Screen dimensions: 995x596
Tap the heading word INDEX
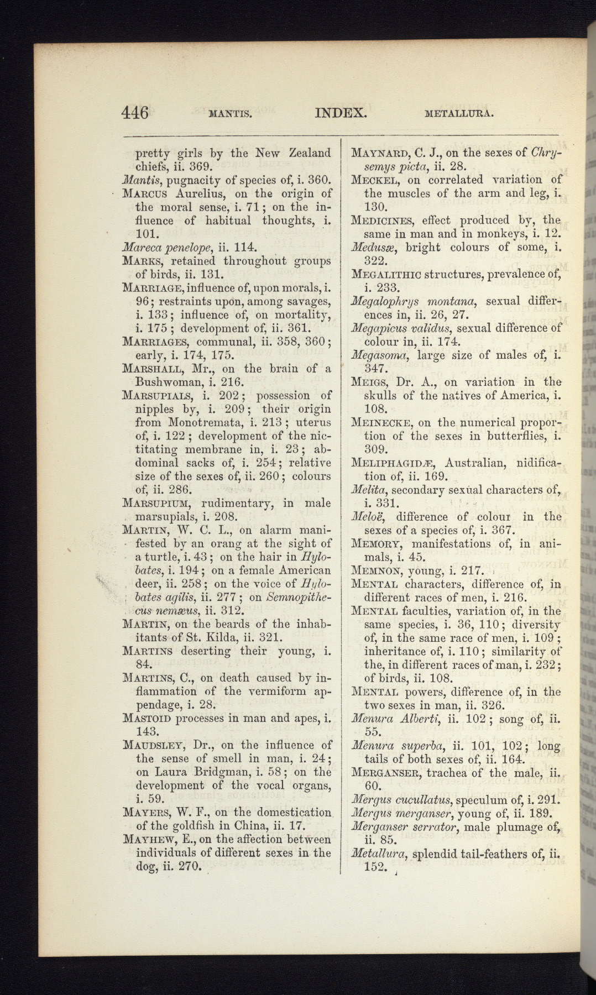click(341, 113)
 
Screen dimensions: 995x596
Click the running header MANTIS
click(231, 115)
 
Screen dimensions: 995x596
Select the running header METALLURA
click(459, 115)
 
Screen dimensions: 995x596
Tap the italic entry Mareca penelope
click(170, 247)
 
